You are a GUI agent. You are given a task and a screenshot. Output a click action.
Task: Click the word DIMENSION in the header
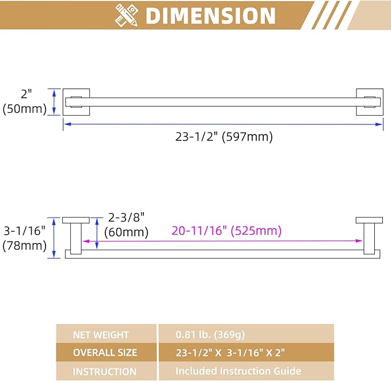[x=210, y=16]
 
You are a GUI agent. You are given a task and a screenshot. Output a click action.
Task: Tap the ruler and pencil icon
[x=127, y=15]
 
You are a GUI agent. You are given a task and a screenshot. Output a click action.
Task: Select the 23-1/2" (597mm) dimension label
[x=224, y=137]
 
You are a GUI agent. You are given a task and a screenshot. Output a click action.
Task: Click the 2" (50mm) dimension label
[x=24, y=102]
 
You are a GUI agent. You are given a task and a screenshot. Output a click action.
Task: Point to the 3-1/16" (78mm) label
[x=24, y=238]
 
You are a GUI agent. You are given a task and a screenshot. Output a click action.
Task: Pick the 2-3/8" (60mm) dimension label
[x=126, y=225]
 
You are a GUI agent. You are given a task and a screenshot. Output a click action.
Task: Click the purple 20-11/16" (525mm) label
[x=227, y=230]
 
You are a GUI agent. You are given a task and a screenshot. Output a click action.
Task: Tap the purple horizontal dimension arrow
[x=223, y=241]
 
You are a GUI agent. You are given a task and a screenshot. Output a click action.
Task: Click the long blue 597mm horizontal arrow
[x=223, y=124]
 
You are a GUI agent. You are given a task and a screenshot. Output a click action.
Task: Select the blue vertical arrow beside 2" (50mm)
[x=54, y=102]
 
